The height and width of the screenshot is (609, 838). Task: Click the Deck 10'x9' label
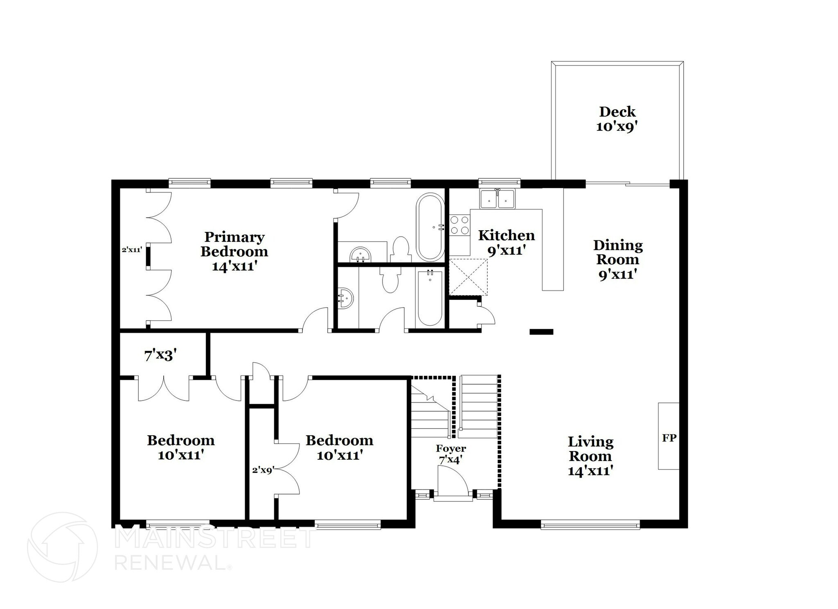(617, 119)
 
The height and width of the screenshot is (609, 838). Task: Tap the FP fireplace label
(669, 438)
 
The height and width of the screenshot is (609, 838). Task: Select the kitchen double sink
(498, 199)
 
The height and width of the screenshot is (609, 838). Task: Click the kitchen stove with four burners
(460, 225)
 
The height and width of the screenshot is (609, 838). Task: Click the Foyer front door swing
(452, 482)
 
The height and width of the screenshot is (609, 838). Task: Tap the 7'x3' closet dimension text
(160, 355)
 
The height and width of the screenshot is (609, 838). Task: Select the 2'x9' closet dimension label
(262, 470)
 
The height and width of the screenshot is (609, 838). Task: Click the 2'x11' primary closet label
(132, 249)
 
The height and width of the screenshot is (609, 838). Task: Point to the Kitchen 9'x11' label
(506, 243)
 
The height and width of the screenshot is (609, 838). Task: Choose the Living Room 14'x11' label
(590, 456)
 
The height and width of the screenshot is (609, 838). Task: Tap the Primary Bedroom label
(234, 251)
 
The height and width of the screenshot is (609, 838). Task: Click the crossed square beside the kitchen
(468, 277)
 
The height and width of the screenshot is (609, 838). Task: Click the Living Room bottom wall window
(590, 525)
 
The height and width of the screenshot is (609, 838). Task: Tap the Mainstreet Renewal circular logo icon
(62, 547)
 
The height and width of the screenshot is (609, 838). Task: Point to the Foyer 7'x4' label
(451, 454)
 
